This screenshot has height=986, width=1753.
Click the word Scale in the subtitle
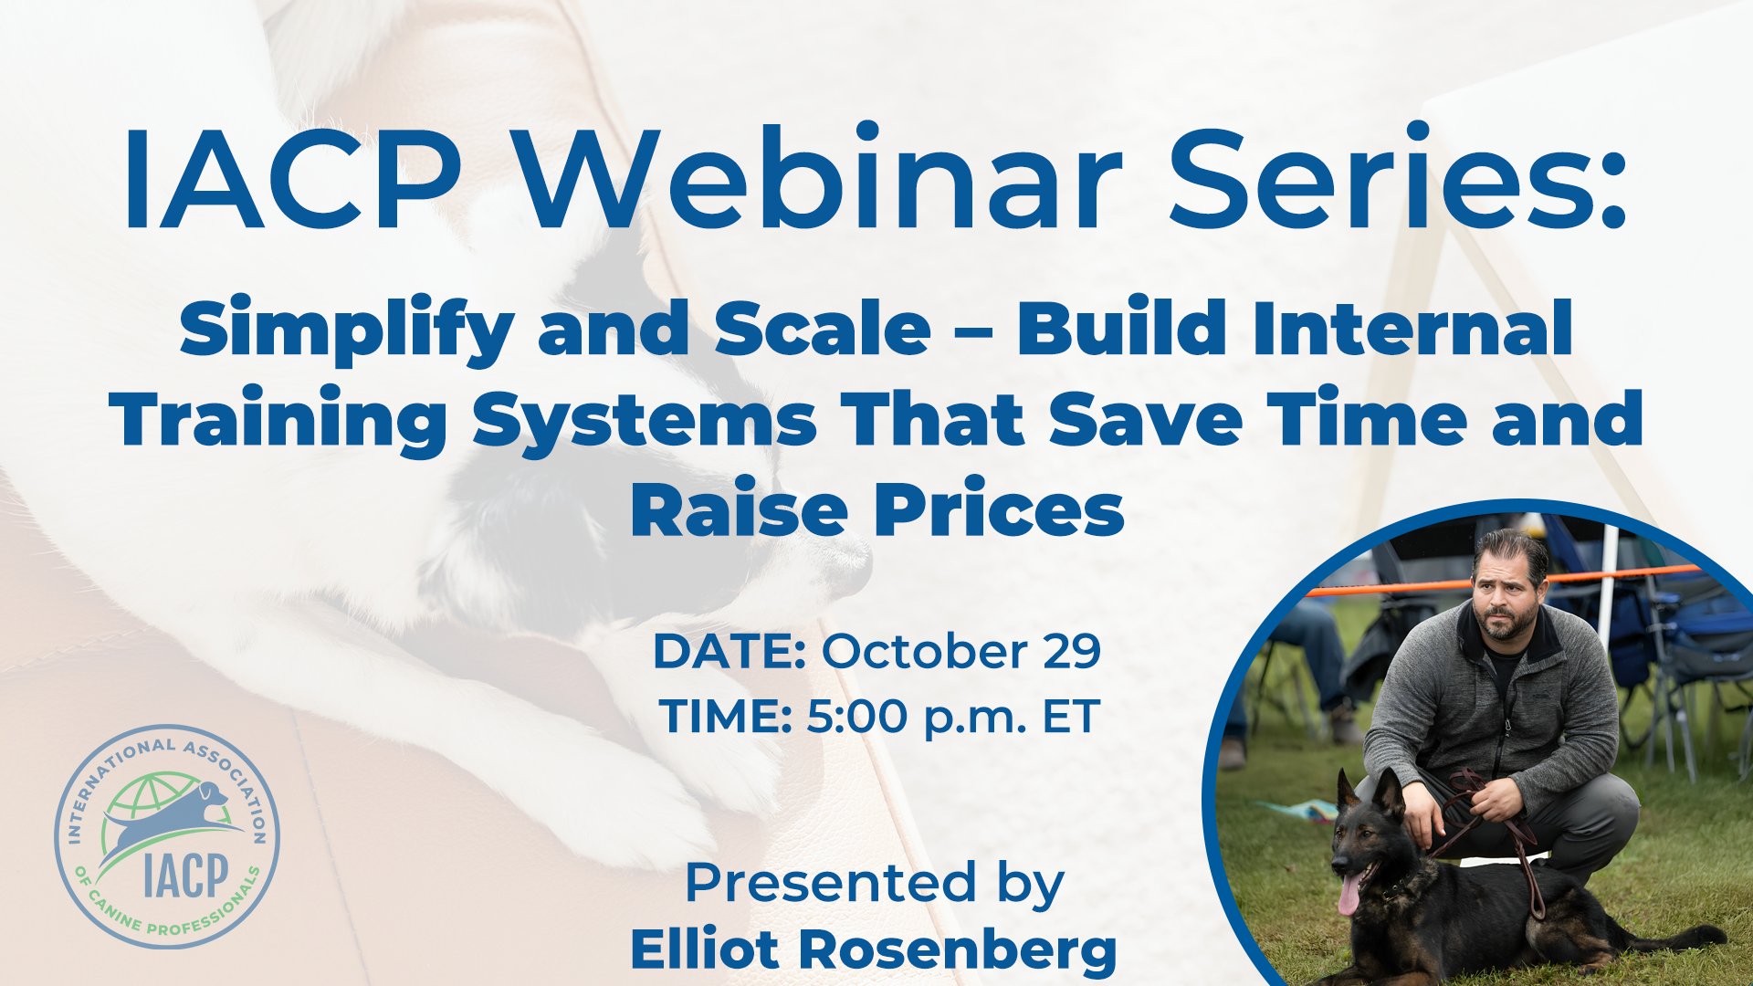point(823,329)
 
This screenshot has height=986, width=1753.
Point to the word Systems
point(645,421)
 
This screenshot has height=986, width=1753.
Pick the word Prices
point(1000,509)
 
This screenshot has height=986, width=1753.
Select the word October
point(925,651)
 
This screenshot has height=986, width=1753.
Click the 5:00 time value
point(857,716)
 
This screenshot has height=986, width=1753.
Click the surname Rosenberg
point(958,950)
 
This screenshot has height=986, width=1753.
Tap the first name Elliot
point(703,949)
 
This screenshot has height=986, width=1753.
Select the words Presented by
point(875,883)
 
